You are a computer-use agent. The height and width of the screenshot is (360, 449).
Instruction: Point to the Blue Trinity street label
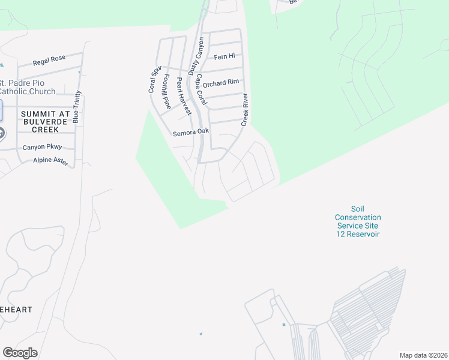click(x=76, y=107)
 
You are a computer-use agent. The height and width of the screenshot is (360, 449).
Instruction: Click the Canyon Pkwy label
click(x=43, y=147)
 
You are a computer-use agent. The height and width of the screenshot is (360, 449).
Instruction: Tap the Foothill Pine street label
click(x=167, y=92)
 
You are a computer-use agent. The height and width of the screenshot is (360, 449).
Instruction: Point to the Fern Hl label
click(x=224, y=57)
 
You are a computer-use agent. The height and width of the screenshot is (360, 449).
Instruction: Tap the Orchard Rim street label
click(x=221, y=83)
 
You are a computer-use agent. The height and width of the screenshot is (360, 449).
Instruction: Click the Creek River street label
click(x=245, y=109)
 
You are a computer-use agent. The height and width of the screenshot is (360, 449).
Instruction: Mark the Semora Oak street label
click(x=191, y=133)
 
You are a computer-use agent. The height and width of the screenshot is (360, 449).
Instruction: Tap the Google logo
click(x=20, y=353)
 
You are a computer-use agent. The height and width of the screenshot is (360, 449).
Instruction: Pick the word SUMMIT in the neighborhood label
click(x=38, y=113)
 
